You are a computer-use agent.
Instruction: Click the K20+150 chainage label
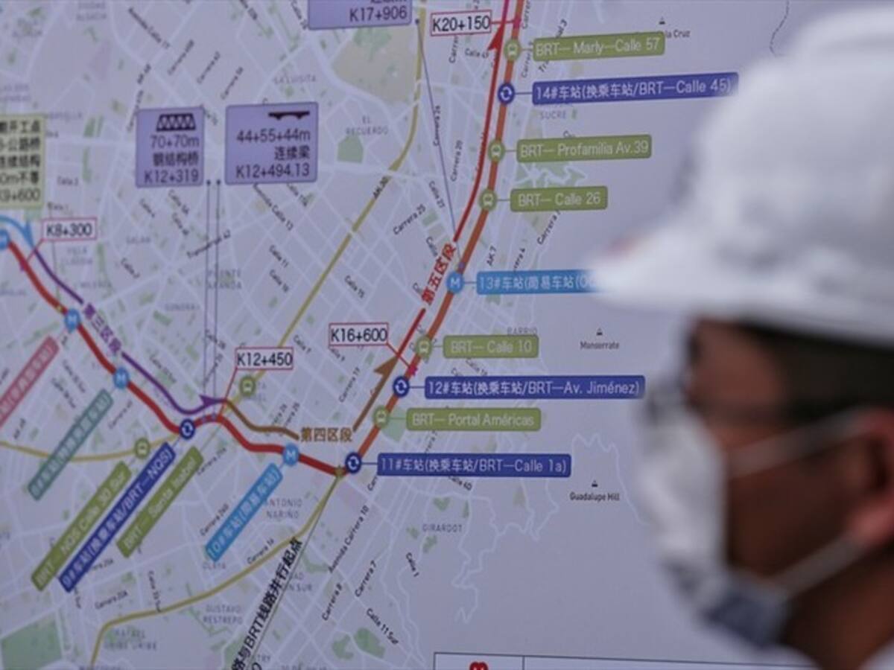tap(461, 23)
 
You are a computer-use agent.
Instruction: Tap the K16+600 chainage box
tap(358, 335)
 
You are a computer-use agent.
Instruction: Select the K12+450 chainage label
tap(264, 359)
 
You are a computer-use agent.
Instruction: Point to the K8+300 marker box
tap(69, 229)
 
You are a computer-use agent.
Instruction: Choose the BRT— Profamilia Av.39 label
tap(584, 148)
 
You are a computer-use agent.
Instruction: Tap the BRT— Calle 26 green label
tap(559, 200)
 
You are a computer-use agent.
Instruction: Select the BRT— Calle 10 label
tap(491, 346)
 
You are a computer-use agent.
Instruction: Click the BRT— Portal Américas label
tap(473, 419)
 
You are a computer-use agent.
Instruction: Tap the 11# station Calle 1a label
tap(474, 466)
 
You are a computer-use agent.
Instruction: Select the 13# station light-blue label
tap(536, 282)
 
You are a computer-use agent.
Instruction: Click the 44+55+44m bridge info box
tap(271, 143)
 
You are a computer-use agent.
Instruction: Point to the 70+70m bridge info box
tap(170, 147)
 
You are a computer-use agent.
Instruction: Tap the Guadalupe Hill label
tap(595, 495)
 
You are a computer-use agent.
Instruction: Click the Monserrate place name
tap(600, 345)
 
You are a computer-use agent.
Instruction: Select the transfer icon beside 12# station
tap(401, 386)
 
